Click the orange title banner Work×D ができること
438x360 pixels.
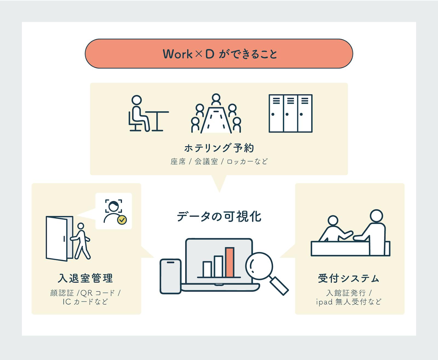coord(219,54)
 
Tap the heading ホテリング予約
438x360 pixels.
coord(219,148)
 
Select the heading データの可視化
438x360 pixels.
coord(219,217)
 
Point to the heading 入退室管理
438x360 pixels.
coord(85,278)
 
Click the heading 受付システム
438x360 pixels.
coord(349,278)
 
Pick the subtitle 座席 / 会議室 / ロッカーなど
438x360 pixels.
coord(219,161)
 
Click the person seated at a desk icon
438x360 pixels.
coord(148,114)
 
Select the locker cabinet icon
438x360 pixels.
coord(290,114)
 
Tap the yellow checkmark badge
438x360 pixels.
coord(122,220)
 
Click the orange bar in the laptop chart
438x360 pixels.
coord(230,262)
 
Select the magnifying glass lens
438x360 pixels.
coord(259,266)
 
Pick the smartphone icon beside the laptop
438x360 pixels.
coord(170,276)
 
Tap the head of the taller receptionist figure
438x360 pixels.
coord(376,216)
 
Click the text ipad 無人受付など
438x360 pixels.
coord(349,302)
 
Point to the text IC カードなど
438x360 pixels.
coord(85,302)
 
